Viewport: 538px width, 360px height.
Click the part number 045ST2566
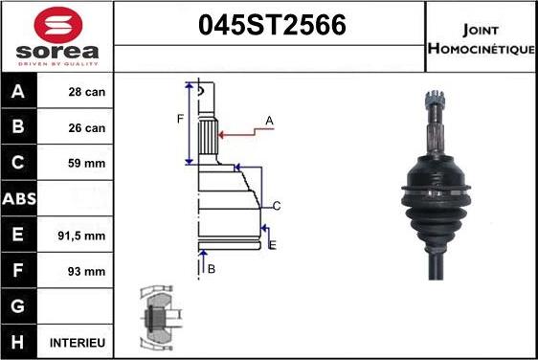pyautogui.click(x=270, y=25)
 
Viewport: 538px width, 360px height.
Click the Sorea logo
pyautogui.click(x=56, y=35)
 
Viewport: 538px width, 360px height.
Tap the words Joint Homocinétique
pyautogui.click(x=481, y=37)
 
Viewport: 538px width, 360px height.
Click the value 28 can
pyautogui.click(x=87, y=92)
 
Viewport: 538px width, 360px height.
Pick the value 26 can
pyautogui.click(x=87, y=127)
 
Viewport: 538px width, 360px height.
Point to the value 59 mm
pyautogui.click(x=87, y=163)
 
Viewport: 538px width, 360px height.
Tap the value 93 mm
pyautogui.click(x=87, y=271)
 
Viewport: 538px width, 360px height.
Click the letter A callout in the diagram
pyautogui.click(x=269, y=120)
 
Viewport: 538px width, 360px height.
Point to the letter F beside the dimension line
pyautogui.click(x=179, y=119)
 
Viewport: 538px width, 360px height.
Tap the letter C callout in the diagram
pyautogui.click(x=276, y=206)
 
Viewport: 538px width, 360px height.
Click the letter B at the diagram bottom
pyautogui.click(x=212, y=269)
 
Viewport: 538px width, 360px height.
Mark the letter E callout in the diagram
pyautogui.click(x=273, y=246)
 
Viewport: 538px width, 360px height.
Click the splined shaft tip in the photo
pyautogui.click(x=432, y=100)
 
